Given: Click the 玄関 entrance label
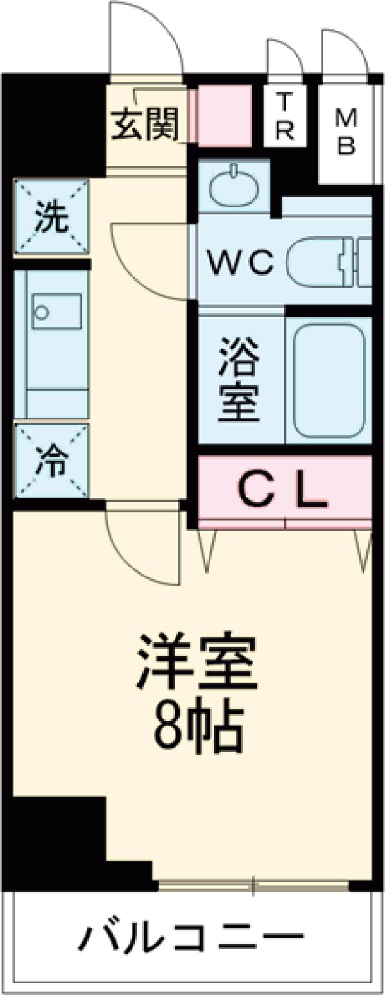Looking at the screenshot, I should coord(145,123).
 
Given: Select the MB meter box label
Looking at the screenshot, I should coord(346,132).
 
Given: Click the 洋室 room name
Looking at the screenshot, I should coord(196,662).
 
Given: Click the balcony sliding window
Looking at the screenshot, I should coord(253,886).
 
